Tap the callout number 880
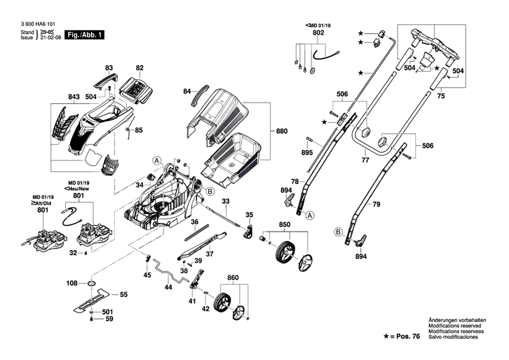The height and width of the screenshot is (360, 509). (x=282, y=130)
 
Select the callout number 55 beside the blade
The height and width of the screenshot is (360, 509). (x=124, y=295)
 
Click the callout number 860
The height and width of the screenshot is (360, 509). (x=233, y=279)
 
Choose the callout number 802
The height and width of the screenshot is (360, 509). (x=318, y=33)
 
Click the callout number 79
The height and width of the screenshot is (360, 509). (x=377, y=203)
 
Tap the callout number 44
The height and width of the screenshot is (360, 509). (x=168, y=288)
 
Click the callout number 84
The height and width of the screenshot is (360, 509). (x=187, y=90)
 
